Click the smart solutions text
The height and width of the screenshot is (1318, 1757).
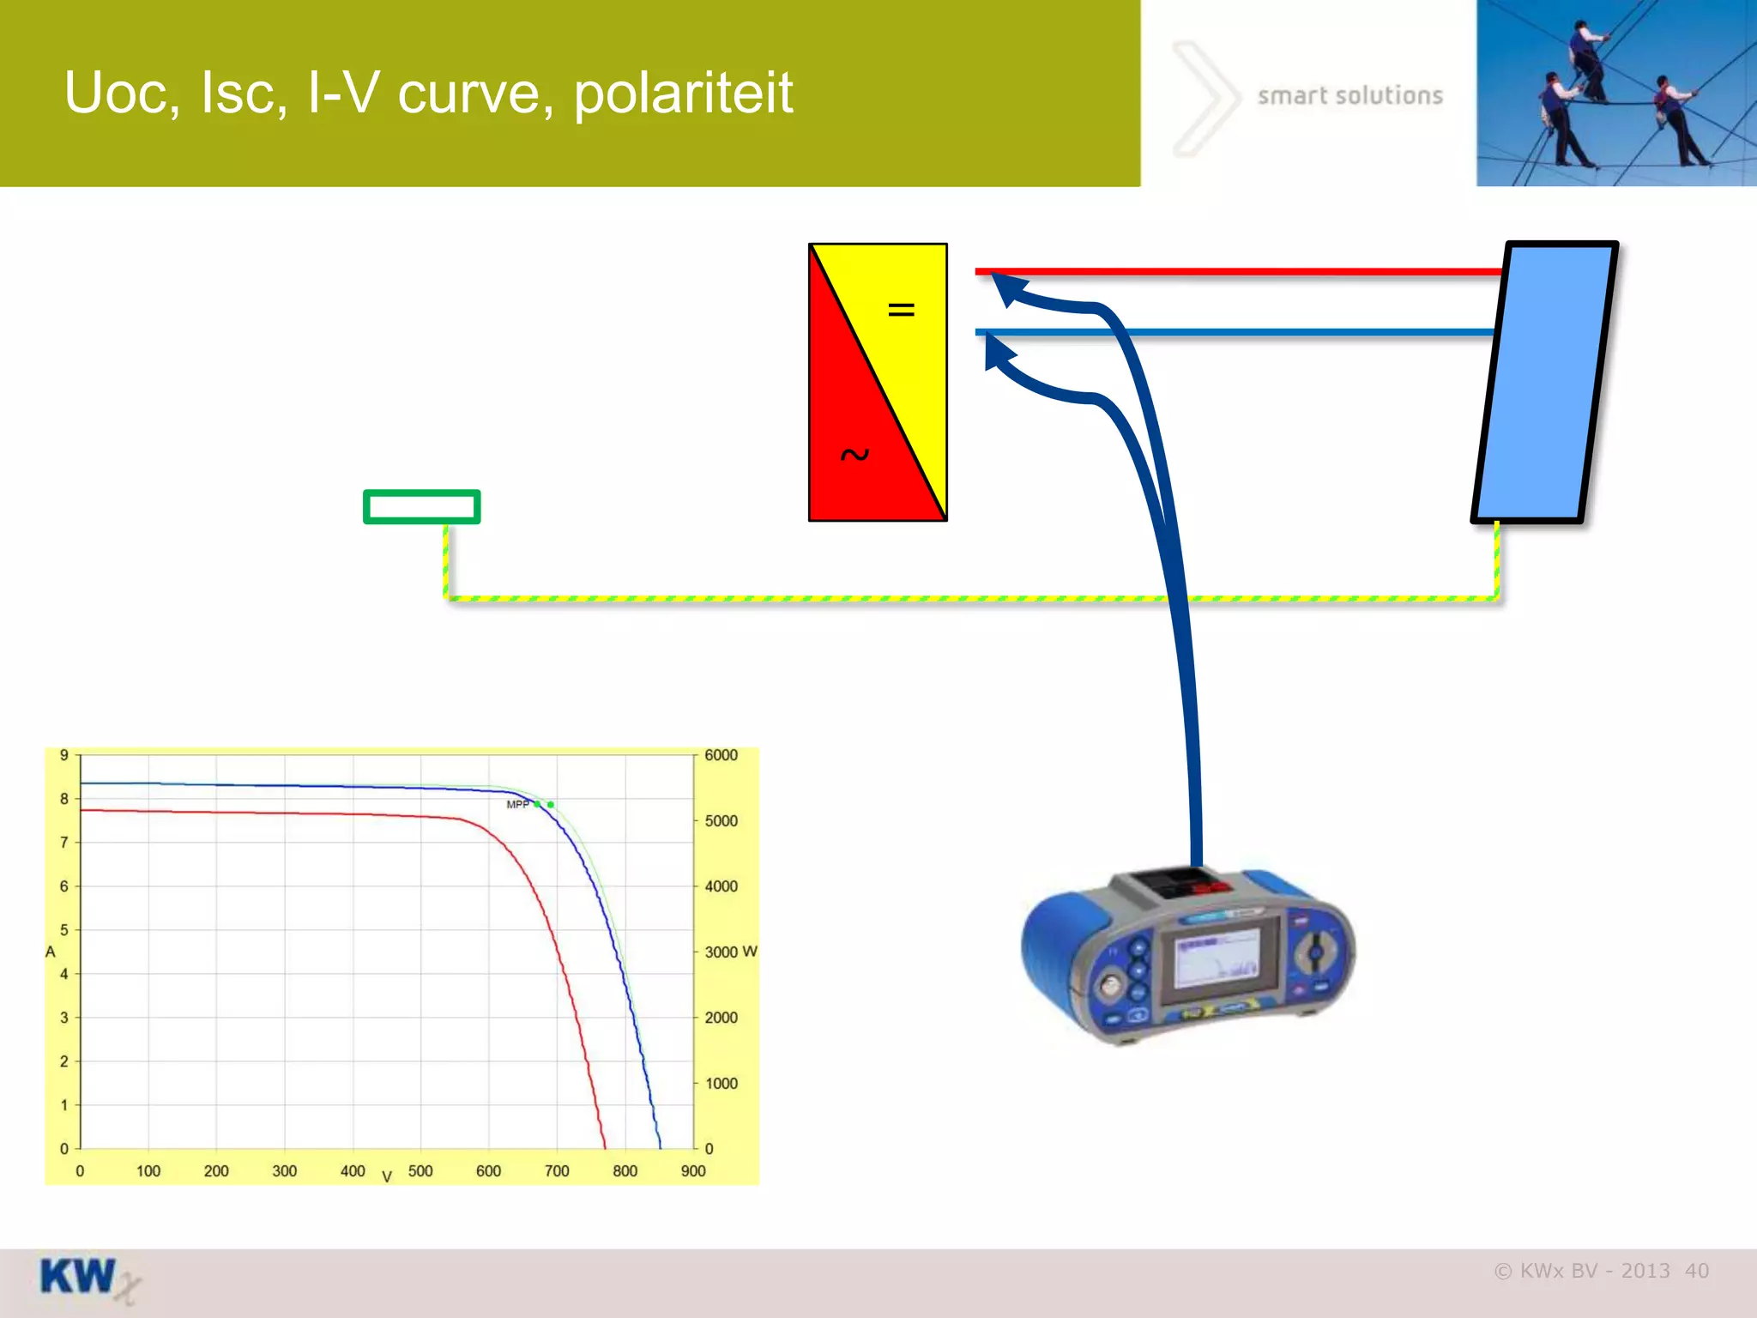(x=1349, y=95)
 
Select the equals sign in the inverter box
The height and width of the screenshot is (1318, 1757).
(x=901, y=309)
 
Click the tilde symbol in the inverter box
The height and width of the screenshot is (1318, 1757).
(x=854, y=455)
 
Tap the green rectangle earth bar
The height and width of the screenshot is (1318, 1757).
(x=421, y=506)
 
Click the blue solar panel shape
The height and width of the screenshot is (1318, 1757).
(x=1544, y=382)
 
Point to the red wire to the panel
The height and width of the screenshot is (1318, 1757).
(x=1244, y=272)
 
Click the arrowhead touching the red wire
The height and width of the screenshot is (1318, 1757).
(x=1005, y=287)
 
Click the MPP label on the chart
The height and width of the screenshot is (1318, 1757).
(x=517, y=804)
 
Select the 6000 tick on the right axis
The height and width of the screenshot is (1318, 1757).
(x=721, y=755)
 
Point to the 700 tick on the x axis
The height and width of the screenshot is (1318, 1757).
(x=557, y=1170)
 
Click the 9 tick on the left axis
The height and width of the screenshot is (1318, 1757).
(x=64, y=755)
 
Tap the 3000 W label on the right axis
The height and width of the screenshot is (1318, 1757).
(x=730, y=952)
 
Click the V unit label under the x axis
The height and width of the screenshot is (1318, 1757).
(x=387, y=1177)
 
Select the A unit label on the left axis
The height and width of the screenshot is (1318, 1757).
(x=51, y=952)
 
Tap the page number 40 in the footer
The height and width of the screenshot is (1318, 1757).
(x=1696, y=1271)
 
